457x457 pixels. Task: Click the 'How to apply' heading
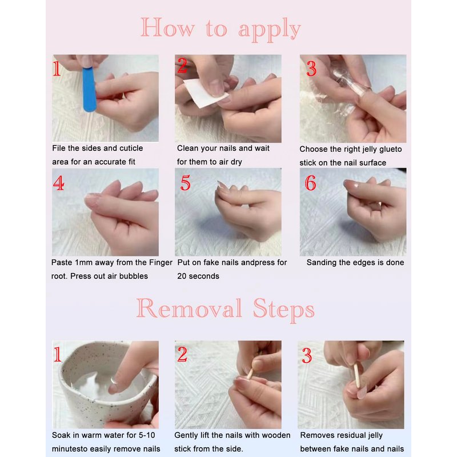pyautogui.click(x=221, y=29)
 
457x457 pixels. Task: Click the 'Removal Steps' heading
pyautogui.click(x=225, y=310)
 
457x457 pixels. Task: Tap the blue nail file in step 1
pyautogui.click(x=89, y=89)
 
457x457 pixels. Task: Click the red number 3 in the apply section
pyautogui.click(x=311, y=69)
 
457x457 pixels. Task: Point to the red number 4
pyautogui.click(x=59, y=183)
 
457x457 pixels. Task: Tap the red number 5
pyautogui.click(x=185, y=182)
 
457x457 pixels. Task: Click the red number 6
pyautogui.click(x=310, y=183)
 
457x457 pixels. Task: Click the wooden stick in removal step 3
pyautogui.click(x=356, y=376)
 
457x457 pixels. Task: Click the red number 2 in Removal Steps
pyautogui.click(x=182, y=354)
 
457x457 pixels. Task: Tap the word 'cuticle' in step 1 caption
pyautogui.click(x=130, y=148)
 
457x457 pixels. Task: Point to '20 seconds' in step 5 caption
pyautogui.click(x=198, y=276)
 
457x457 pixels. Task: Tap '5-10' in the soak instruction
pyautogui.click(x=147, y=435)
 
